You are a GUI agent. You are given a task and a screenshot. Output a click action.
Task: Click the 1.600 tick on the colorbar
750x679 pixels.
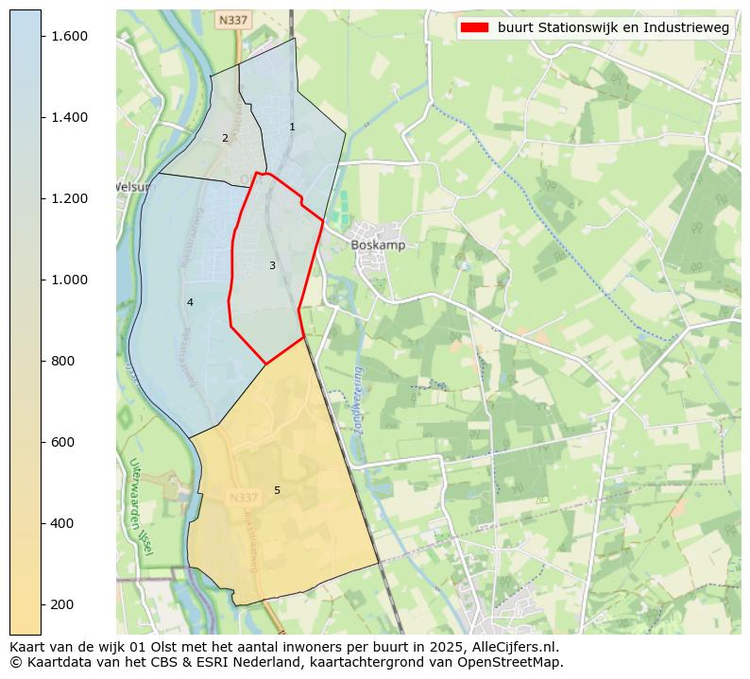tap(68, 36)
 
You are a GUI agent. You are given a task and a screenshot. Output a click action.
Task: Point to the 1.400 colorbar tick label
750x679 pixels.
tap(68, 117)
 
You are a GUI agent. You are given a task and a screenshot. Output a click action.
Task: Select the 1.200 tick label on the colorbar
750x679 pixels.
tap(68, 198)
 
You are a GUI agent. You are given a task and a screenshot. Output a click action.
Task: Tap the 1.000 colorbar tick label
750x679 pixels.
tap(68, 280)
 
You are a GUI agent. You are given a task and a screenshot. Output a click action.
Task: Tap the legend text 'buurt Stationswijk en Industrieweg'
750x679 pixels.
tap(613, 27)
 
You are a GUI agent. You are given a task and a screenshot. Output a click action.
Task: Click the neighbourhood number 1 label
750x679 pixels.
tap(292, 127)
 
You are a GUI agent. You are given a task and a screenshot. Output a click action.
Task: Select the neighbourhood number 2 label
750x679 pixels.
tap(225, 138)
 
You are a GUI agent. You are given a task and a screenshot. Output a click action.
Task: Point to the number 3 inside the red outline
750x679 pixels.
tap(272, 265)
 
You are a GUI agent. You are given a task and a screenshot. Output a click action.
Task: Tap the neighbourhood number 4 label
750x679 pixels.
tap(190, 302)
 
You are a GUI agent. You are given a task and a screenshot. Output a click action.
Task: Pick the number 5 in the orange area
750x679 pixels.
tap(277, 490)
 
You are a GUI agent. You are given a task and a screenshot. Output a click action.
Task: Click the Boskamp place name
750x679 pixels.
tap(378, 245)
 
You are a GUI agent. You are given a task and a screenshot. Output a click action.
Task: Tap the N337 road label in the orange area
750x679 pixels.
tap(244, 497)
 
